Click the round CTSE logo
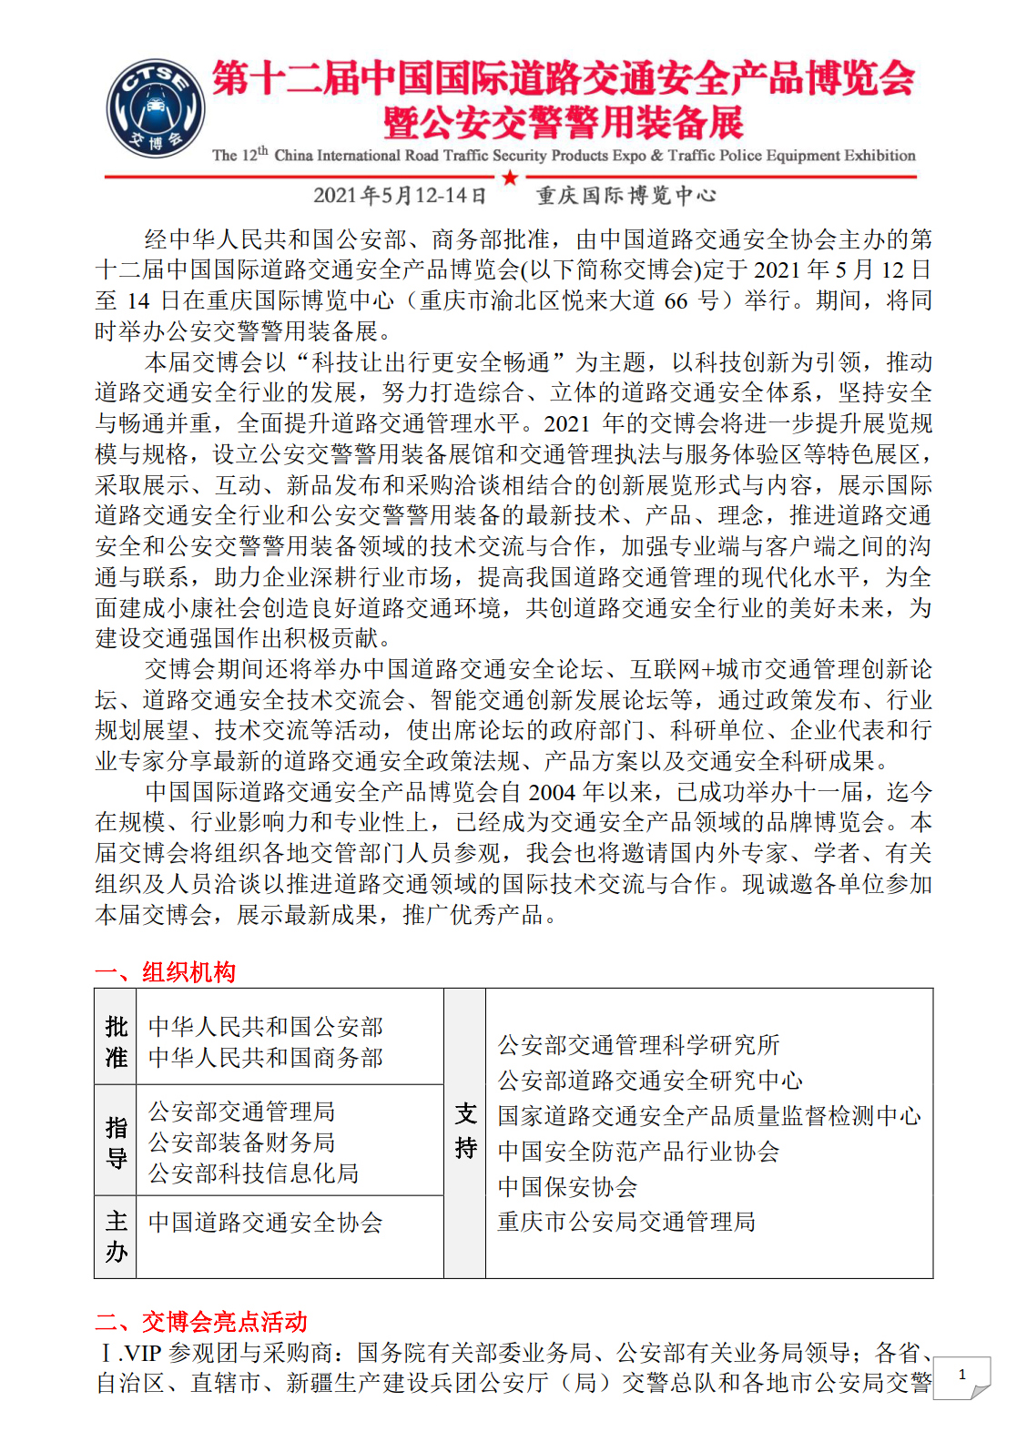[x=155, y=108]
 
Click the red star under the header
[x=510, y=178]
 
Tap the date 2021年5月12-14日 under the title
[x=400, y=196]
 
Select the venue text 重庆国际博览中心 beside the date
[x=626, y=196]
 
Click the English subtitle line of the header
[x=564, y=155]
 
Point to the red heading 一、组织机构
[x=166, y=972]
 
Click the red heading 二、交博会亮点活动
[x=201, y=1322]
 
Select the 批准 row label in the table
[x=116, y=1042]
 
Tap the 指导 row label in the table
[x=116, y=1142]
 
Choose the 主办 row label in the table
[x=116, y=1236]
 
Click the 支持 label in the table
[x=465, y=1131]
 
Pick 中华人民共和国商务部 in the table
[x=265, y=1058]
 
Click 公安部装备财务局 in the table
[x=241, y=1142]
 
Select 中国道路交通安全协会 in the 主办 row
[x=265, y=1223]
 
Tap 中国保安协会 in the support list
[x=567, y=1187]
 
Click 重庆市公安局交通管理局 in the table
[x=626, y=1222]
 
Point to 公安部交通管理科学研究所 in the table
[x=638, y=1045]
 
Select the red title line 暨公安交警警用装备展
[x=564, y=123]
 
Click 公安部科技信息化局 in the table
[x=253, y=1173]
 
